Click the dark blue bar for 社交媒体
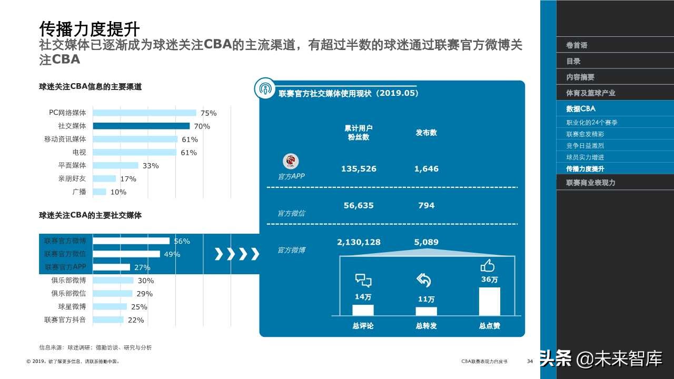[141, 126]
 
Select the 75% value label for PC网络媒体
[208, 113]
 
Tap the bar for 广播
[100, 192]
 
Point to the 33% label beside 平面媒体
[151, 166]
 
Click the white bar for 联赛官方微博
[131, 241]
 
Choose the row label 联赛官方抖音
[65, 320]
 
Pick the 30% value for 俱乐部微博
[145, 281]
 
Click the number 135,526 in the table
[359, 169]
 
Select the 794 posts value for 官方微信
[426, 205]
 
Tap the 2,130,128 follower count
[359, 242]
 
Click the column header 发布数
[426, 133]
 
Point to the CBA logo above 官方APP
[291, 161]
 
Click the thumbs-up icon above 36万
[488, 266]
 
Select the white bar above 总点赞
[489, 301]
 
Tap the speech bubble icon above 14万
[363, 280]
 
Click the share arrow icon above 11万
[424, 280]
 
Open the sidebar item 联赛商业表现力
[590, 183]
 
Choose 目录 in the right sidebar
[573, 61]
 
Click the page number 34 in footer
[530, 362]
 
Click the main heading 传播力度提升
[90, 27]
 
